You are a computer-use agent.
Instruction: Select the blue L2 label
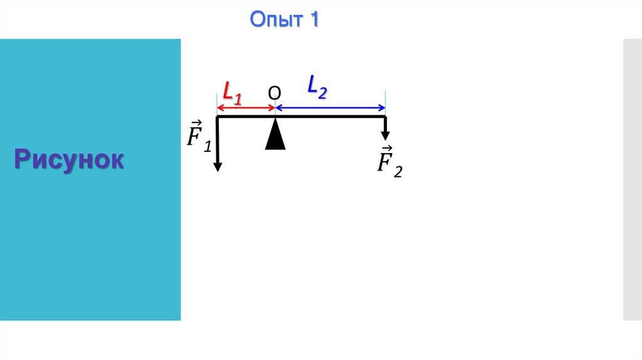(317, 87)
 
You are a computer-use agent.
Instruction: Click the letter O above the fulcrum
(275, 93)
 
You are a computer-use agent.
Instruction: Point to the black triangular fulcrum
(275, 135)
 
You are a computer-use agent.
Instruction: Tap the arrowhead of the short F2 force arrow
(385, 135)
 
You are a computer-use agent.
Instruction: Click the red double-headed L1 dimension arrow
(246, 108)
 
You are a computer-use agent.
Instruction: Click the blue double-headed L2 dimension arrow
(330, 108)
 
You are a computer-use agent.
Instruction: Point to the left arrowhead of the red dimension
(219, 108)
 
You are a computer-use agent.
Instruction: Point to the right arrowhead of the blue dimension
(382, 108)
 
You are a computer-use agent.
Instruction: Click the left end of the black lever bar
(218, 117)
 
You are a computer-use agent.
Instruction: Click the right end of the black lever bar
(384, 117)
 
